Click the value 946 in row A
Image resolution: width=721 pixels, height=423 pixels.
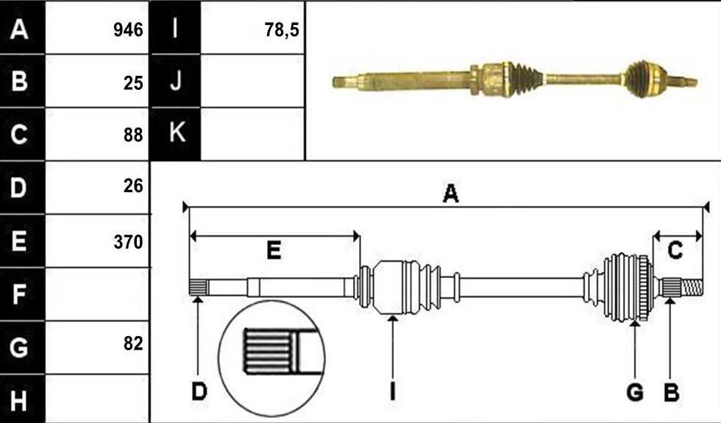[x=128, y=30]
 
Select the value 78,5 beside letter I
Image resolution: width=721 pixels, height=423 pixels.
[x=282, y=30]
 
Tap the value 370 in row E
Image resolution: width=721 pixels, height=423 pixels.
[x=128, y=242]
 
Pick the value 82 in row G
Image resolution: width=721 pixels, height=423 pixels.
[x=133, y=344]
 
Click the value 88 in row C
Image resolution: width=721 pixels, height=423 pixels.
[x=133, y=135]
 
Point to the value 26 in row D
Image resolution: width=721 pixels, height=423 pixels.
[x=133, y=185]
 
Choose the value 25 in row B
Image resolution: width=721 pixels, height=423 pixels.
[x=133, y=82]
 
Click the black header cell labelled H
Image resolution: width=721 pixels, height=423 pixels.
[x=23, y=399]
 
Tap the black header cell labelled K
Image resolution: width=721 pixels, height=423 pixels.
[x=176, y=134]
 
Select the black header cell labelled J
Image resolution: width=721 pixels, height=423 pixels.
[x=176, y=81]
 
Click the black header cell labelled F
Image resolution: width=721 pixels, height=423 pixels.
[x=23, y=294]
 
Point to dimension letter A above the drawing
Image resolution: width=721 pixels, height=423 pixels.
[x=450, y=193]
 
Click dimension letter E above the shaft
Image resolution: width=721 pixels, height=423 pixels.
[x=274, y=251]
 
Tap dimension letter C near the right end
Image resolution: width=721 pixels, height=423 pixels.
[x=675, y=251]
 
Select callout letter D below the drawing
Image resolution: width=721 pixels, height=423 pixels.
[x=199, y=391]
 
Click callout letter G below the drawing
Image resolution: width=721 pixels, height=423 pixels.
[x=635, y=392]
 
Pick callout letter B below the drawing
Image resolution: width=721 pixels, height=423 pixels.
[x=671, y=392]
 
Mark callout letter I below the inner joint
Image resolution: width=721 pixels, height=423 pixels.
[x=392, y=391]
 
